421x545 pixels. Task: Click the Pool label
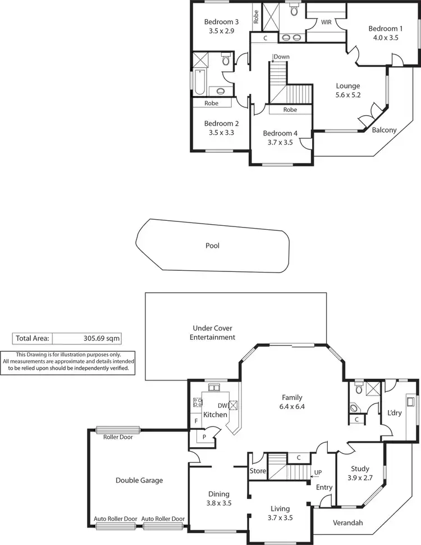point(212,246)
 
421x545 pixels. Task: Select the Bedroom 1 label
point(385,29)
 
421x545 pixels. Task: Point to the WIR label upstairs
point(326,22)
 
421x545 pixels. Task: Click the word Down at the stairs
point(281,57)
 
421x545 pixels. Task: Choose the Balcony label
point(384,130)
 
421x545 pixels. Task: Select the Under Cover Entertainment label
point(212,333)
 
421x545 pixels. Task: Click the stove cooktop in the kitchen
point(198,402)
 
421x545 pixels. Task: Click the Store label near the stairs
point(258,471)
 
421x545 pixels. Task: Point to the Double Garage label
point(139,480)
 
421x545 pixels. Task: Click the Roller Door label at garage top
point(118,437)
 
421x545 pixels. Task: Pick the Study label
point(360,468)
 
